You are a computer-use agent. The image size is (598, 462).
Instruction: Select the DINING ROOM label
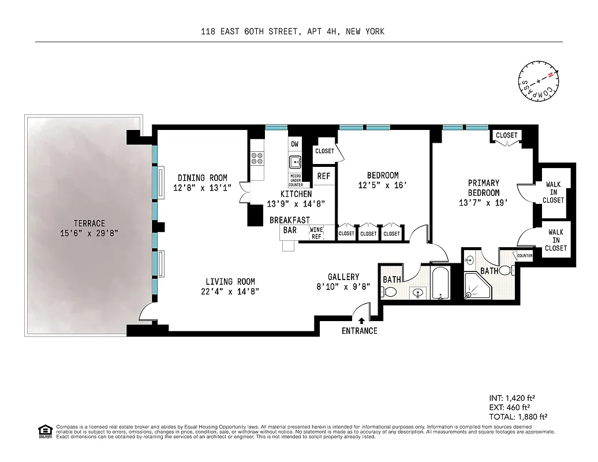tap(202, 178)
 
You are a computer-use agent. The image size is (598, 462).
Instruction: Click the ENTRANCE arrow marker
tap(361, 320)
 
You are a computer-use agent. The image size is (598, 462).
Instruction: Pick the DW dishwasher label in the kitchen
tap(294, 144)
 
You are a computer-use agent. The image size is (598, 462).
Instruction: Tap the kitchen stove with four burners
tap(257, 158)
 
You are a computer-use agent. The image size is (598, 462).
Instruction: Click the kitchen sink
tap(296, 162)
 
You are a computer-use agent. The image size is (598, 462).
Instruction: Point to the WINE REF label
tap(316, 233)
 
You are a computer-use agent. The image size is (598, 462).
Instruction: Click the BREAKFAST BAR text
tap(290, 225)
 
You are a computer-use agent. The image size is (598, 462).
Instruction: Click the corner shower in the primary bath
tap(477, 286)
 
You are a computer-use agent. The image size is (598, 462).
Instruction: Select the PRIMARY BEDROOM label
tap(483, 188)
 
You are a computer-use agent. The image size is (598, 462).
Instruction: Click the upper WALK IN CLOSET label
tap(554, 192)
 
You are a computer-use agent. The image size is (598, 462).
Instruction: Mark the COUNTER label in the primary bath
tap(525, 256)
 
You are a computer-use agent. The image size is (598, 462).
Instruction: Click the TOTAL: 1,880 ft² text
tap(517, 416)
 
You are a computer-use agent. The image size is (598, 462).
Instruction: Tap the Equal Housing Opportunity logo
tap(43, 430)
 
